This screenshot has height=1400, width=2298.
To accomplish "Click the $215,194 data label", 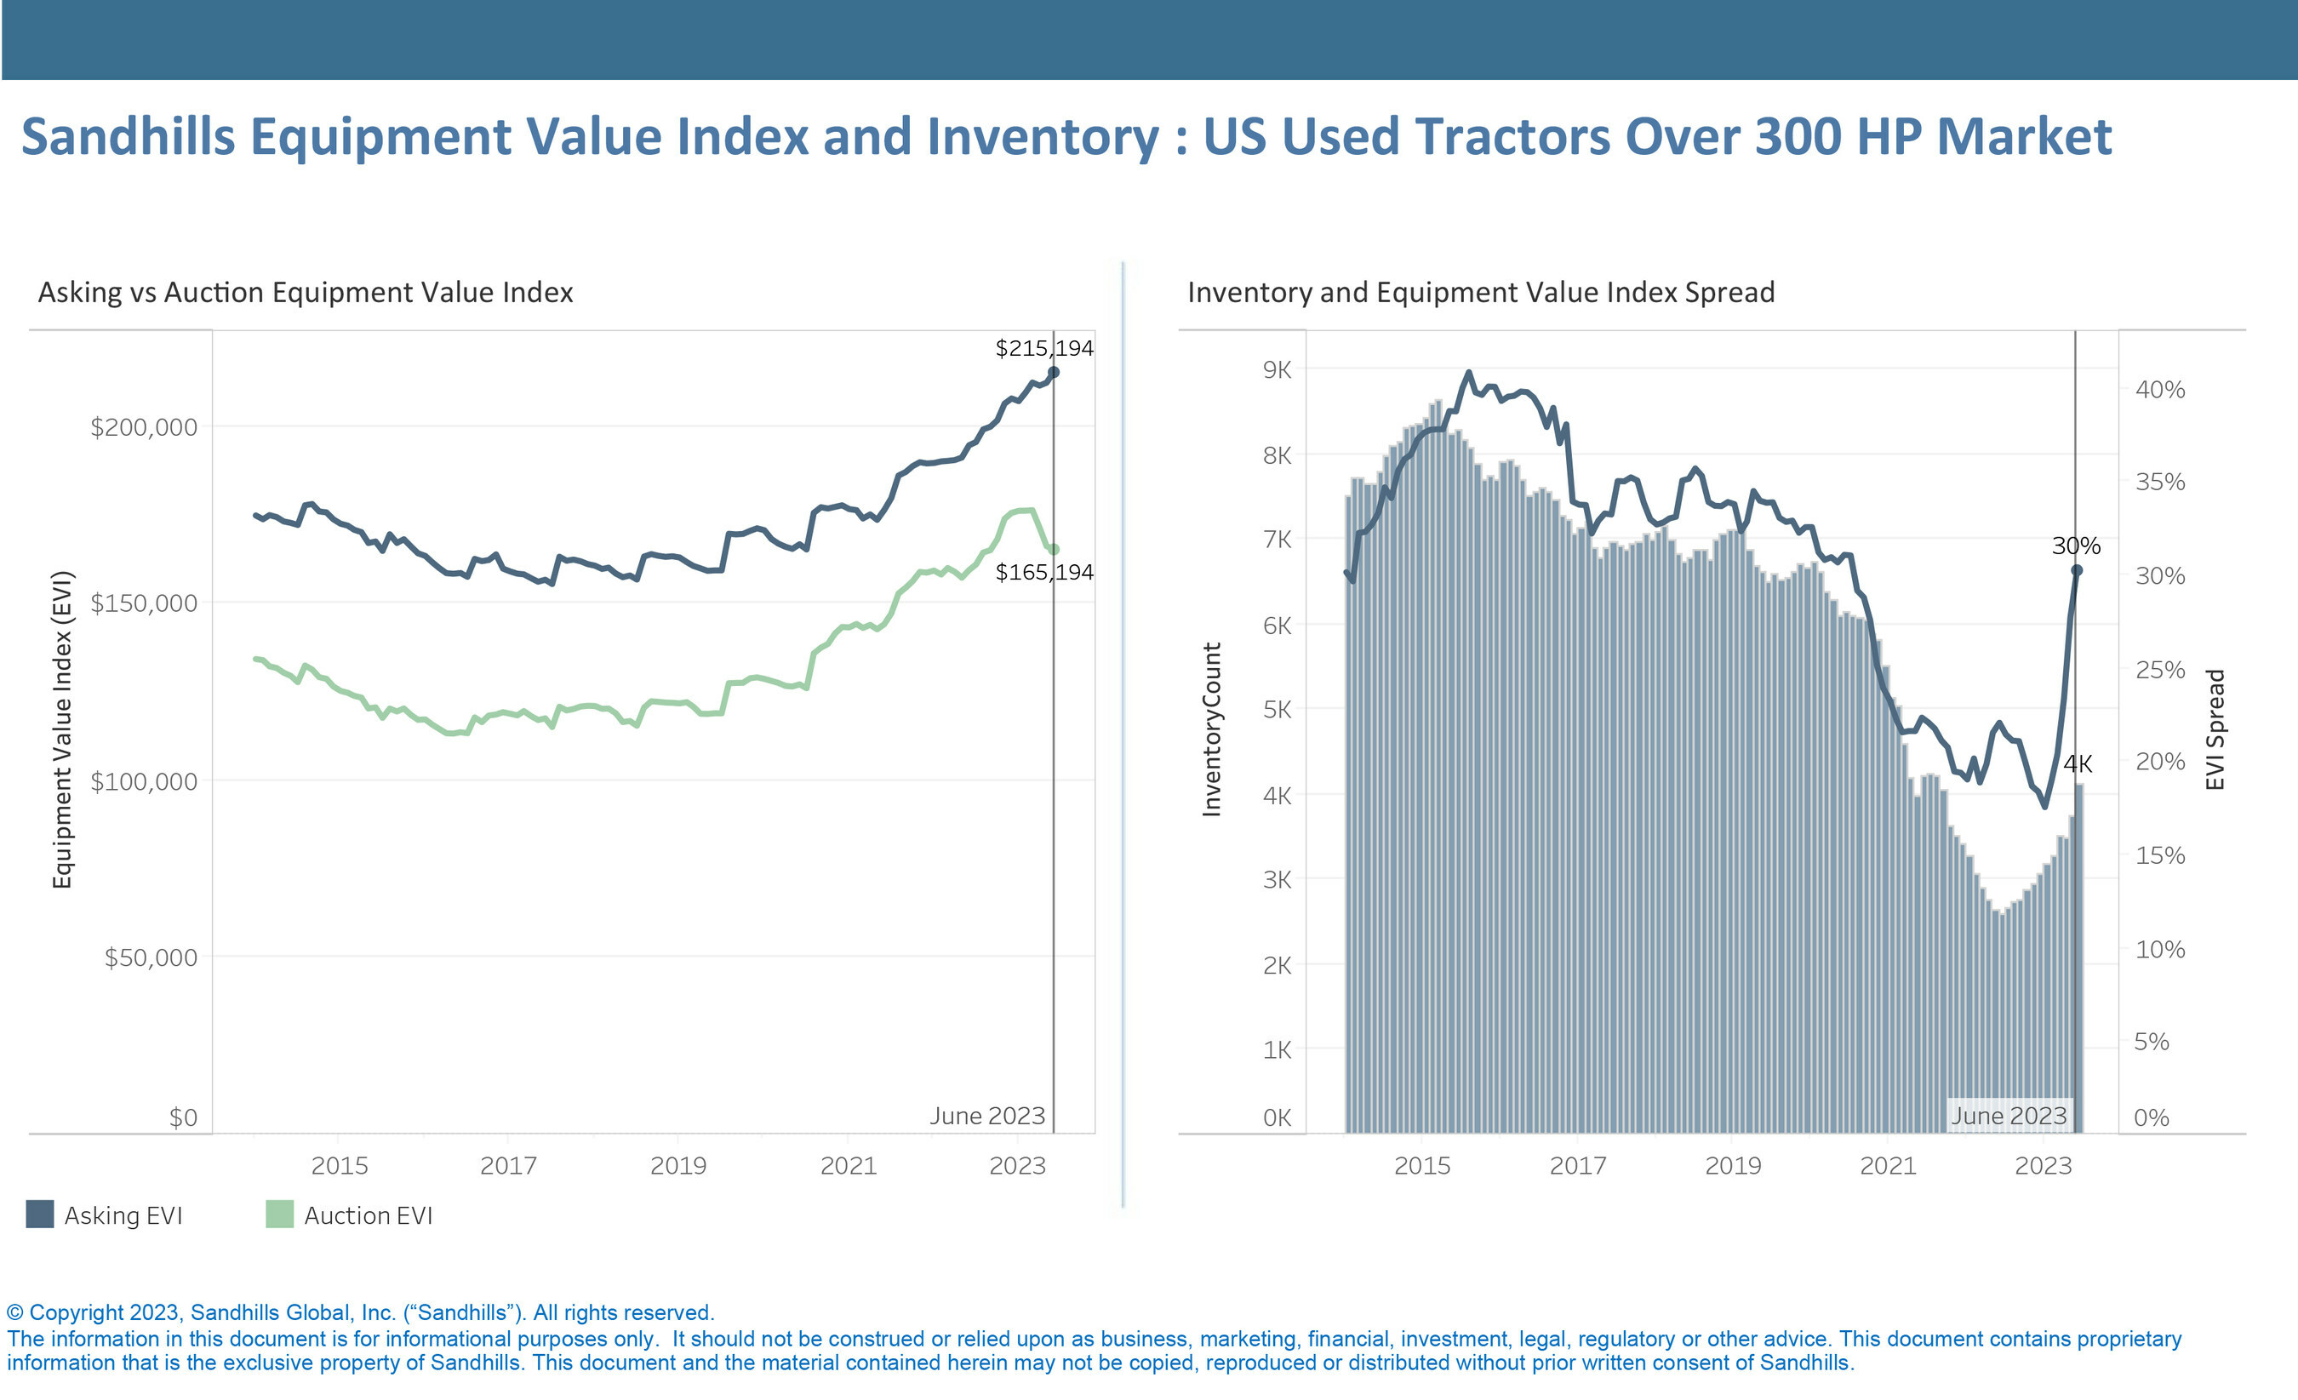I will click(x=1043, y=349).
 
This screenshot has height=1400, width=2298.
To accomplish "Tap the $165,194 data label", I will click(x=1043, y=573).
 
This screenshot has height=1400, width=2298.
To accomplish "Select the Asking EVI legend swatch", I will click(x=40, y=1214).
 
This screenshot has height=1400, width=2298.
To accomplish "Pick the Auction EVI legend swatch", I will click(x=280, y=1214).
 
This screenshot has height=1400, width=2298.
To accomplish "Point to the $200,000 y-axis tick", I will click(x=144, y=427).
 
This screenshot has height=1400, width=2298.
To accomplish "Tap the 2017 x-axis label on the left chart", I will click(x=508, y=1166).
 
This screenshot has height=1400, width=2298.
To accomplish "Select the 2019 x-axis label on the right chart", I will click(x=1733, y=1166).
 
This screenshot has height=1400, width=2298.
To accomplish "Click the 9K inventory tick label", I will click(x=1277, y=370).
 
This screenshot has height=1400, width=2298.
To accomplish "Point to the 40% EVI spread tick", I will click(x=2160, y=390).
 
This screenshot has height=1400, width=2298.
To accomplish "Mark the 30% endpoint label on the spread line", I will click(x=2076, y=546).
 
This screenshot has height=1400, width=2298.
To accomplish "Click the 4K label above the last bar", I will click(x=2078, y=765).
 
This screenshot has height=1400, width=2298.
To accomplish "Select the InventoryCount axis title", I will click(x=1211, y=729).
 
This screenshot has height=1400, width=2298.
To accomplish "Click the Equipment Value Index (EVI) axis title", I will click(x=61, y=729).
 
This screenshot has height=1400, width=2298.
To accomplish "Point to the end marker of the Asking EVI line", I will click(x=1054, y=372).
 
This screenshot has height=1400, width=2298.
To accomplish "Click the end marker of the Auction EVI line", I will click(x=1054, y=550).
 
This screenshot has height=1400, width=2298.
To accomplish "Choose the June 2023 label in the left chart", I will click(x=986, y=1117).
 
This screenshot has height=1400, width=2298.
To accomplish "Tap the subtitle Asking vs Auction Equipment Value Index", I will click(x=305, y=293).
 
